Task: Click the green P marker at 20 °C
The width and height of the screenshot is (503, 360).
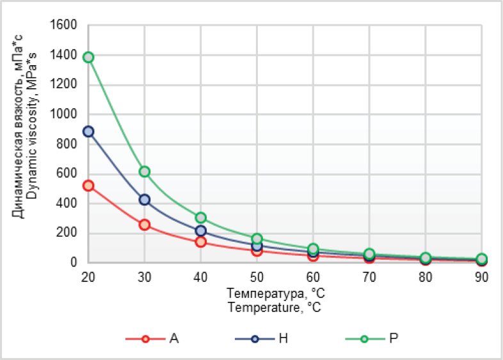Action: [x=88, y=57]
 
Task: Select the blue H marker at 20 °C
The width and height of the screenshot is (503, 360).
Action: [x=88, y=132]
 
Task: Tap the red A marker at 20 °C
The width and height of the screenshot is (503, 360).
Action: [x=88, y=185]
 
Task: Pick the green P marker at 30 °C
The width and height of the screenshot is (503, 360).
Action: [x=145, y=171]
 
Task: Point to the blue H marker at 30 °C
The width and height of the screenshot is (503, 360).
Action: [x=145, y=200]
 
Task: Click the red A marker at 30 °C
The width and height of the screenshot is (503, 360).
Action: [x=145, y=224]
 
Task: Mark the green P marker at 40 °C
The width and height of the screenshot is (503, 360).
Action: [x=201, y=217]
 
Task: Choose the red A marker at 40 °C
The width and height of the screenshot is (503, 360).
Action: [x=201, y=242]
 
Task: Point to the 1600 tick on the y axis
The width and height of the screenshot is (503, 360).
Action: [x=63, y=25]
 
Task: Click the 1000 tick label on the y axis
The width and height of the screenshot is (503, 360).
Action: [x=63, y=114]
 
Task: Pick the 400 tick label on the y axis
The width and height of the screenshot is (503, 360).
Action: [x=67, y=203]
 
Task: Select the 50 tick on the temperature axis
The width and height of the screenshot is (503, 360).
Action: [x=257, y=278]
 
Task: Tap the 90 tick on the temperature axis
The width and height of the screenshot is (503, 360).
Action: [x=481, y=278]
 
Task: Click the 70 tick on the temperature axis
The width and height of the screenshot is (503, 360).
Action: [x=369, y=278]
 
